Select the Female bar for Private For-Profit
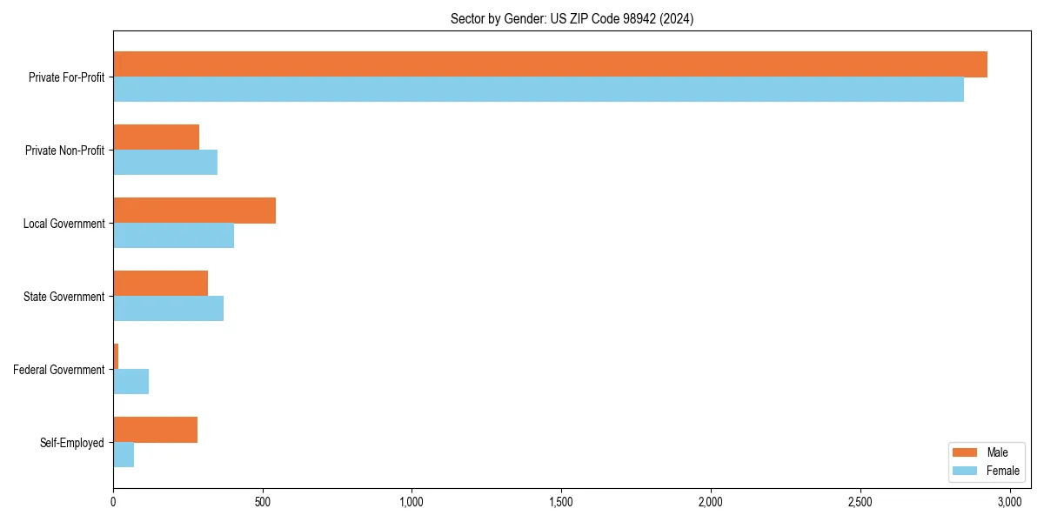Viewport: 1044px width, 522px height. click(x=539, y=90)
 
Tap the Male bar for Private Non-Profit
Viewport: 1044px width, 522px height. click(x=157, y=137)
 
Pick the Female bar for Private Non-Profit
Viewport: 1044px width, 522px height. click(x=165, y=163)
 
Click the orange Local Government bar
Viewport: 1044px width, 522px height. click(x=195, y=211)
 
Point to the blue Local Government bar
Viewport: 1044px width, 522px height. click(x=174, y=236)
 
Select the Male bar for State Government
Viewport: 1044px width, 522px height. click(x=161, y=284)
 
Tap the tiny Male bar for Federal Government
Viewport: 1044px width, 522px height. click(x=116, y=357)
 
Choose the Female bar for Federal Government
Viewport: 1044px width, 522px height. click(x=131, y=382)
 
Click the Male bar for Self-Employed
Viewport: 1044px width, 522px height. click(x=156, y=430)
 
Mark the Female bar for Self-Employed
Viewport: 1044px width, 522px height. click(x=124, y=455)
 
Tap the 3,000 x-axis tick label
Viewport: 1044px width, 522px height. click(x=1009, y=502)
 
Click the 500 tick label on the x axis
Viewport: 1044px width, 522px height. click(x=263, y=502)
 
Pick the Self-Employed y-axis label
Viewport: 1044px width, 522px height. click(x=72, y=443)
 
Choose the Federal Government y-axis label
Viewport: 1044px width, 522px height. click(x=59, y=370)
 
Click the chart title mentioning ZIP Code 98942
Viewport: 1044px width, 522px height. click(x=572, y=18)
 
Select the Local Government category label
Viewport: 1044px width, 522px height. click(x=64, y=224)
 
